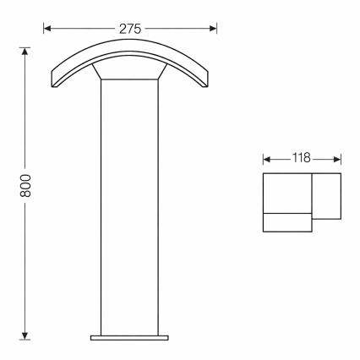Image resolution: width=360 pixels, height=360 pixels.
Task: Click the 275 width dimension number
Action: [x=130, y=28]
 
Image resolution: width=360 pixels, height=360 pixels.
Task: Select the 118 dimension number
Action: [x=302, y=158]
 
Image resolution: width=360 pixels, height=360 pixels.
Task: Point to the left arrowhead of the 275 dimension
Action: [x=47, y=28]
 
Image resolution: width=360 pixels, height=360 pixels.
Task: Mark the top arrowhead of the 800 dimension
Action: [x=26, y=49]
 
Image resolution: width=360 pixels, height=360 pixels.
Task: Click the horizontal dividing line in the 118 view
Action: [x=288, y=214]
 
